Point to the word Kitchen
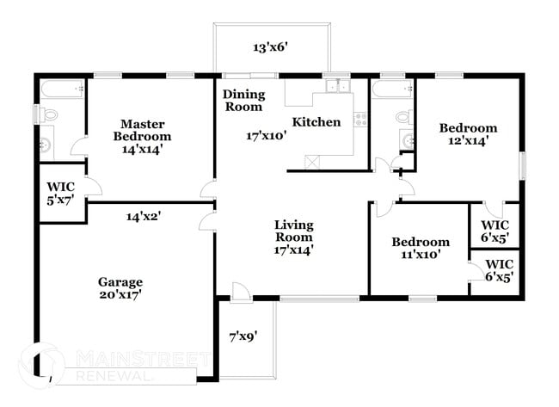[x=316, y=122]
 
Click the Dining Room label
[x=243, y=101]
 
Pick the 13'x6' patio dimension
[x=269, y=47]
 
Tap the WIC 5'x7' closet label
[x=60, y=190]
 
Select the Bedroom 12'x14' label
[x=468, y=134]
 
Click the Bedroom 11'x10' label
[x=420, y=249]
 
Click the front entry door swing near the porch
[x=241, y=292]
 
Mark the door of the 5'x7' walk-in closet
[x=94, y=187]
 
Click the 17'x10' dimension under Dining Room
[x=264, y=136]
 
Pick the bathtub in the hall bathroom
[x=391, y=89]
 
